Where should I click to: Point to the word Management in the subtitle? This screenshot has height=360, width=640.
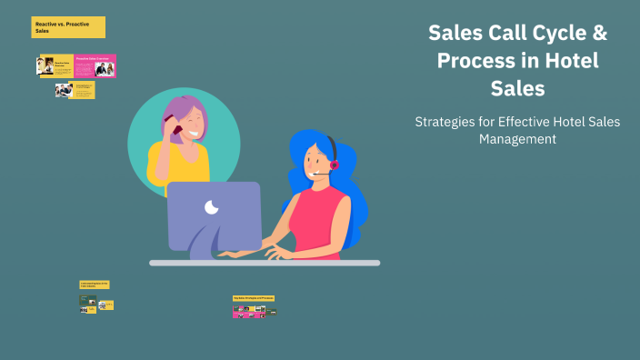point(517,139)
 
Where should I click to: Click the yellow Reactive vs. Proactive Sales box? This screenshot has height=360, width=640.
point(68,27)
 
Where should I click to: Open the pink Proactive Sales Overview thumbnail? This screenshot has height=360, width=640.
point(95,66)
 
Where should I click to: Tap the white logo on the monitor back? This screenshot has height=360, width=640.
point(212,208)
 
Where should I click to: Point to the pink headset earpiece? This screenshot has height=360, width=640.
point(334,165)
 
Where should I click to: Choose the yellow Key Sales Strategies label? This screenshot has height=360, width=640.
point(254,297)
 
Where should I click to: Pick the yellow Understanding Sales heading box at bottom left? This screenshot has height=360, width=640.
point(94,285)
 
